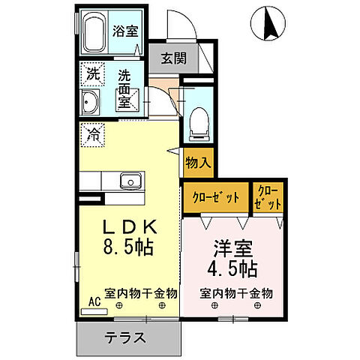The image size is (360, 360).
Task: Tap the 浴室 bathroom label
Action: (x=124, y=31)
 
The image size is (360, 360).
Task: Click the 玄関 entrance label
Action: (x=173, y=58)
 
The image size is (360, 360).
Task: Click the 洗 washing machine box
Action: (x=92, y=74)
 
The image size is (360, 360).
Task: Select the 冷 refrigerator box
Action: (x=92, y=135)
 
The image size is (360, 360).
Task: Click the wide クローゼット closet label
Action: (x=215, y=197)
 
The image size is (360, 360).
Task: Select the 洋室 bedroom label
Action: (x=233, y=247)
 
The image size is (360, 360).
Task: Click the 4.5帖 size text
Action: (x=233, y=268)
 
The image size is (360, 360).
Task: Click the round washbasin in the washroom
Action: (x=91, y=103)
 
